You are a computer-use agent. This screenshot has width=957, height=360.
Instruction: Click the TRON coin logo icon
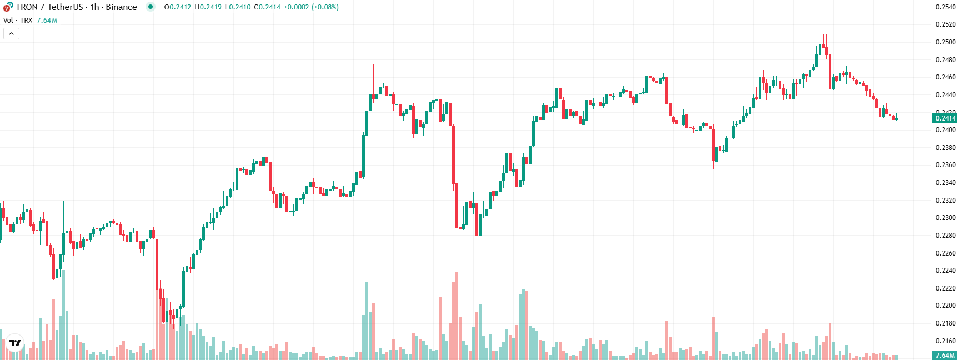(x=8, y=7)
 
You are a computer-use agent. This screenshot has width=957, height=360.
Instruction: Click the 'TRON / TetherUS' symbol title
(x=49, y=7)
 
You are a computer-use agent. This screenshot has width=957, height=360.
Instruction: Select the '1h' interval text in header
(x=94, y=7)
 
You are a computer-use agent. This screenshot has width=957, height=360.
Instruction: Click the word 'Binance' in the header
(x=121, y=7)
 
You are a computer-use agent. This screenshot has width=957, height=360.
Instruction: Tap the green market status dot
(x=150, y=7)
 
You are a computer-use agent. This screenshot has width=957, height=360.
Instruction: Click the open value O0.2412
(x=178, y=7)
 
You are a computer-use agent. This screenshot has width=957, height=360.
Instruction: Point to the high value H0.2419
(x=208, y=7)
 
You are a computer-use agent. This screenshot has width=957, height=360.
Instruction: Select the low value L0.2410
(x=238, y=7)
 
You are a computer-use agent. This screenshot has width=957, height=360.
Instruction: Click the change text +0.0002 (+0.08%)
(x=311, y=7)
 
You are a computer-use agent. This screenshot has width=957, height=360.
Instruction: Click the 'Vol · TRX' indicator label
(x=18, y=21)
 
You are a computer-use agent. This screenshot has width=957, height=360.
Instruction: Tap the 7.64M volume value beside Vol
(x=47, y=21)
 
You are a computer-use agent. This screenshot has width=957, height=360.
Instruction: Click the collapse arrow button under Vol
(x=11, y=34)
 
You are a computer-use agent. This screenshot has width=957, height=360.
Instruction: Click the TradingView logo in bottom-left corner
(x=15, y=343)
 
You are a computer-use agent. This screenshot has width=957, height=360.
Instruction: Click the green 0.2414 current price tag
(x=945, y=118)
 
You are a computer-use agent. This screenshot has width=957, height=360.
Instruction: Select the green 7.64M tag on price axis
(x=944, y=355)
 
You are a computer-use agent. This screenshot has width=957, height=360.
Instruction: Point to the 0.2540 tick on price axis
(x=945, y=7)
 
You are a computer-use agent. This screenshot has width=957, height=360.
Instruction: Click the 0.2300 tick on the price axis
(x=945, y=218)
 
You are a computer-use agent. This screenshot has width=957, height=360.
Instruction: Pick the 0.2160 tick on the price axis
(x=945, y=341)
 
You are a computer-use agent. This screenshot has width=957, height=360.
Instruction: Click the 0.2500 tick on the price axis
(x=945, y=42)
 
